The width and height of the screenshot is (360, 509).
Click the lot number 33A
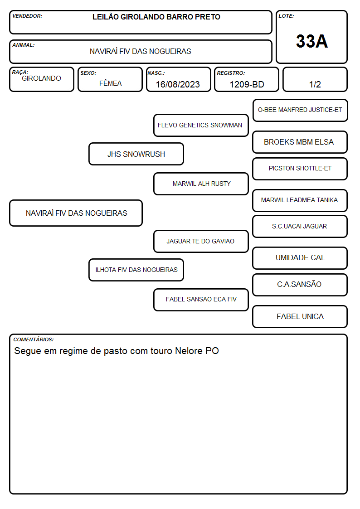[311, 41]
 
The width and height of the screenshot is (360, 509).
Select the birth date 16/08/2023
[178, 84]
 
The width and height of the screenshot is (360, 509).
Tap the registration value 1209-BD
[247, 84]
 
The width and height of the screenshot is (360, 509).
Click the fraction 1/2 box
[315, 79]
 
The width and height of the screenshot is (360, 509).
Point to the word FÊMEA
[110, 83]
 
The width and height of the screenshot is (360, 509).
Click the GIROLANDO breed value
[41, 78]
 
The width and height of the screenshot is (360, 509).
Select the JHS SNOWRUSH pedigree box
[136, 154]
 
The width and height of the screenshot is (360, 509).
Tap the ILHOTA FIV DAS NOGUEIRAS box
[136, 270]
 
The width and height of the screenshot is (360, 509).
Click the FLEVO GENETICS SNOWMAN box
[201, 125]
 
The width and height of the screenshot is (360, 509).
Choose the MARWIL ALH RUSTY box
[201, 184]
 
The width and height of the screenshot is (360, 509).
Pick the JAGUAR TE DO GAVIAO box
[201, 241]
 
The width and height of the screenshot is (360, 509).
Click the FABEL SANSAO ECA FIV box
[201, 300]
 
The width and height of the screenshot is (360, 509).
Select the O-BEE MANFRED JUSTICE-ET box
[300, 111]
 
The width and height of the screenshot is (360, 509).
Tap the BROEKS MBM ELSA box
[300, 142]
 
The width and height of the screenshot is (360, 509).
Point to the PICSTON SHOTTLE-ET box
[300, 169]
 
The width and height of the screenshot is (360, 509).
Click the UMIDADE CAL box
[300, 258]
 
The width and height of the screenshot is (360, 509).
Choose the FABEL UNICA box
[300, 316]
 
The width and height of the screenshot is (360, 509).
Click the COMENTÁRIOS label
[34, 339]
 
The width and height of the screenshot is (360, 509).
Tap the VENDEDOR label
[27, 16]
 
